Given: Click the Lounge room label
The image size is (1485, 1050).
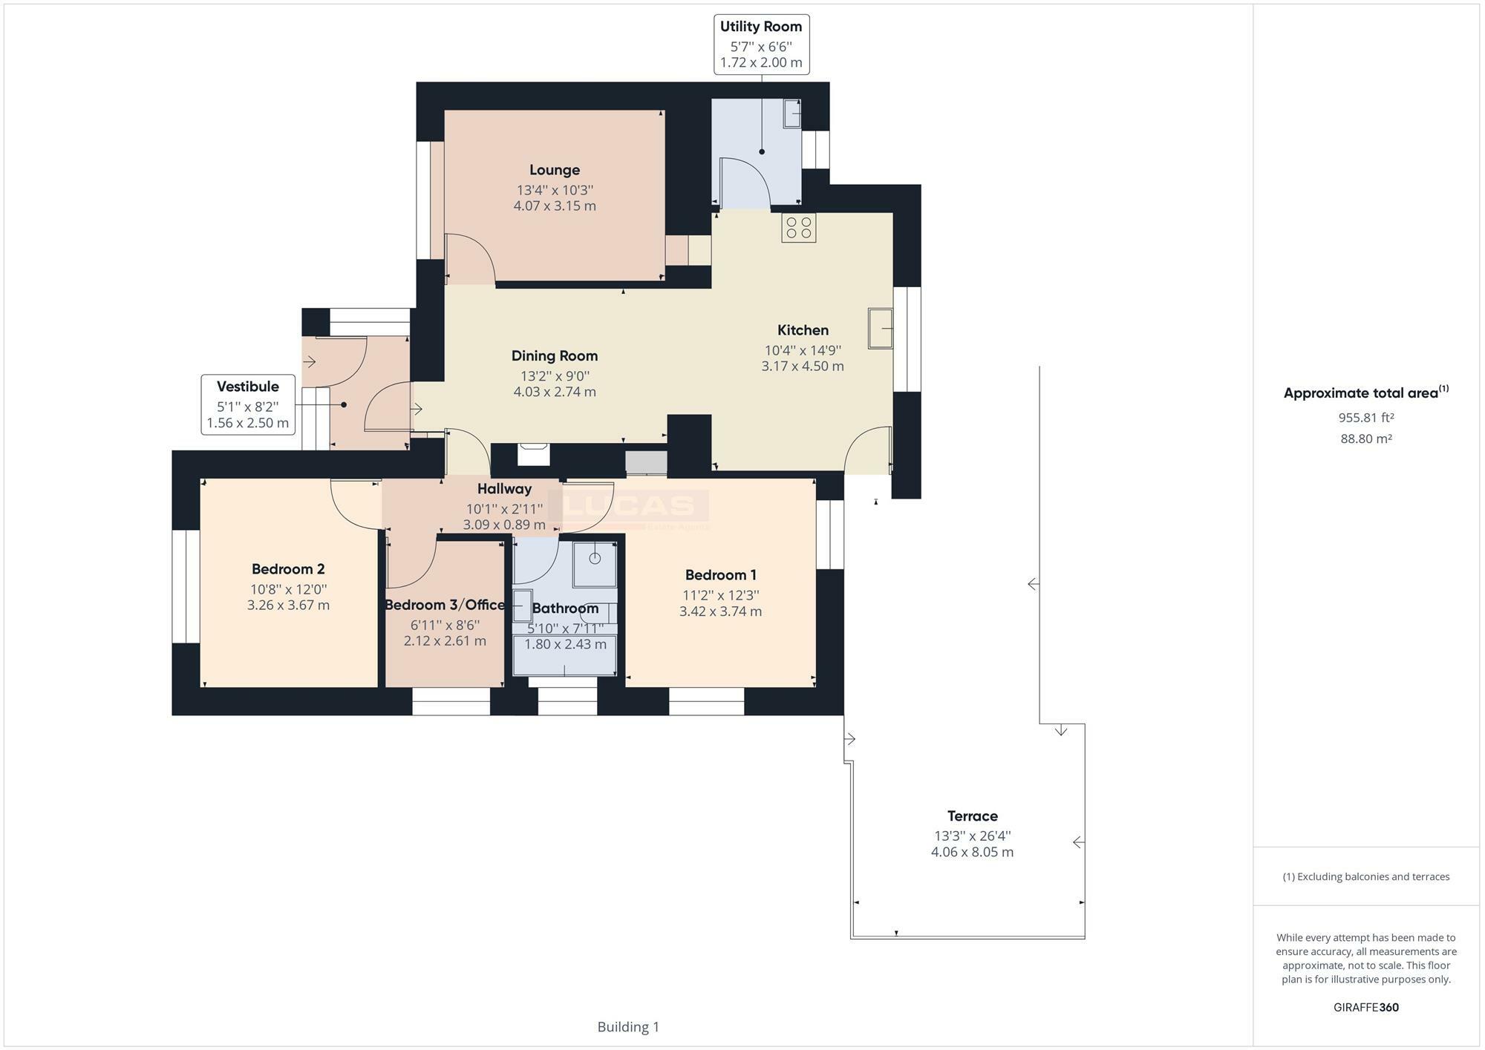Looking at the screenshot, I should pyautogui.click(x=554, y=170).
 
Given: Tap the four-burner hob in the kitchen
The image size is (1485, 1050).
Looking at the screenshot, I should pyautogui.click(x=798, y=228).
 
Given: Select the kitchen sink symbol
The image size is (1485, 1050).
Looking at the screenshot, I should pyautogui.click(x=881, y=328).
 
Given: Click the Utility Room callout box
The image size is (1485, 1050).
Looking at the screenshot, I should pyautogui.click(x=761, y=45).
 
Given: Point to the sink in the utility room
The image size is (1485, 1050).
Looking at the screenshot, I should pyautogui.click(x=792, y=114).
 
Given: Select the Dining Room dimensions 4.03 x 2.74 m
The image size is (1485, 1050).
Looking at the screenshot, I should pyautogui.click(x=555, y=392).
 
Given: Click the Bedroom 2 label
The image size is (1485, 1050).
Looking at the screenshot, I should pyautogui.click(x=288, y=569).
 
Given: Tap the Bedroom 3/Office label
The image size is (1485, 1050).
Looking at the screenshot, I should pyautogui.click(x=444, y=605).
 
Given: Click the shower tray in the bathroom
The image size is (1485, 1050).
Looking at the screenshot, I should pyautogui.click(x=595, y=564).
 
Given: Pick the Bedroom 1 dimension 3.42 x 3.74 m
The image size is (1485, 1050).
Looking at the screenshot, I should pyautogui.click(x=720, y=611).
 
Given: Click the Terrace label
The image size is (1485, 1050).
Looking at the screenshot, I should pyautogui.click(x=972, y=816).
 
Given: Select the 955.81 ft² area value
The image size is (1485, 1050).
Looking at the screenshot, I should pyautogui.click(x=1365, y=418).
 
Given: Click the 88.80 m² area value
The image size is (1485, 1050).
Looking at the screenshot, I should pyautogui.click(x=1365, y=439).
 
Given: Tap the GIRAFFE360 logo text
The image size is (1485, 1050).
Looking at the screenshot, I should pyautogui.click(x=1365, y=1007).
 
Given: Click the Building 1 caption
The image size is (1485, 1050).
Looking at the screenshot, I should pyautogui.click(x=628, y=1027).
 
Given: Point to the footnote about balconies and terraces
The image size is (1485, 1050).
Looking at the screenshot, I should pyautogui.click(x=1365, y=876).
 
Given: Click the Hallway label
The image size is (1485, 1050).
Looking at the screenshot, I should pyautogui.click(x=504, y=489).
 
